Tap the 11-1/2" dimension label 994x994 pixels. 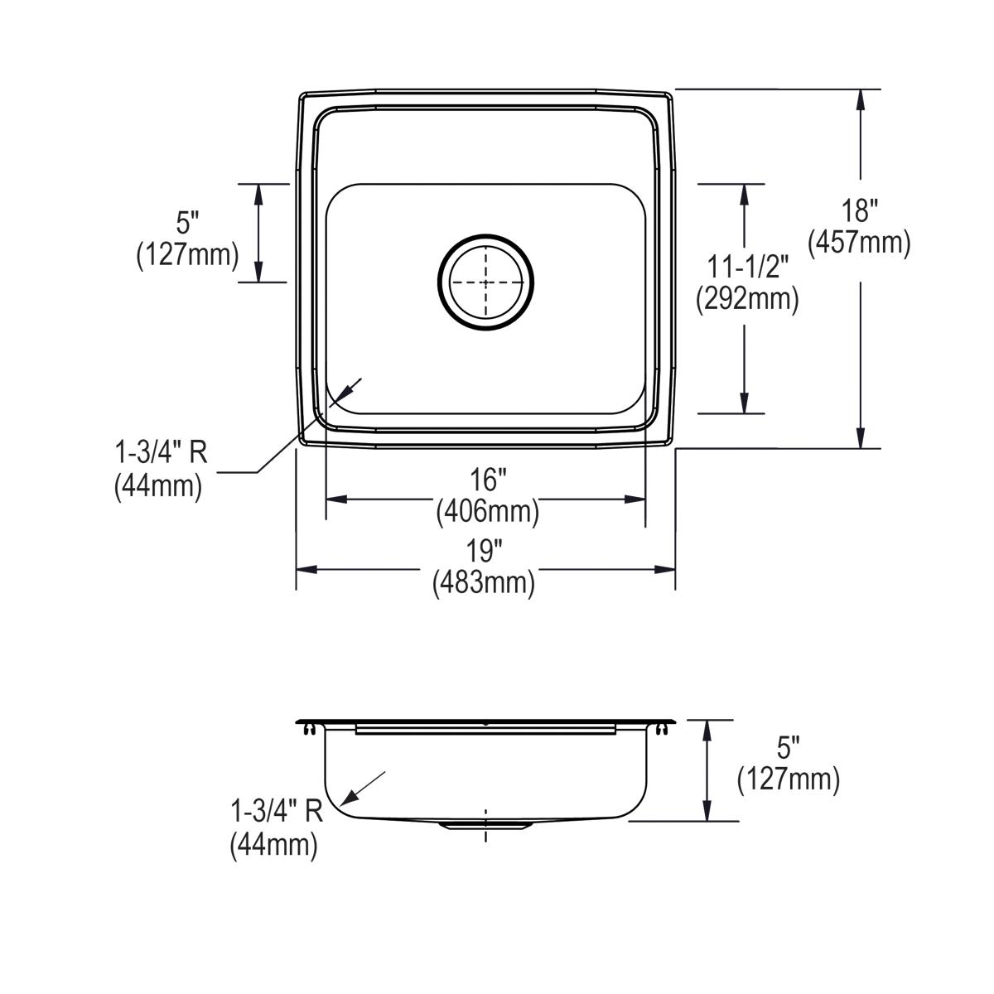click(747, 267)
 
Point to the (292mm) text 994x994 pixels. click(747, 298)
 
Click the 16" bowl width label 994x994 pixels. click(486, 480)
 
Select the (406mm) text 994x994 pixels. click(487, 512)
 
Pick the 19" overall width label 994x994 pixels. click(483, 551)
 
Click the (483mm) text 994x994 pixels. click(483, 583)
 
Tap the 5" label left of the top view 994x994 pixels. click(188, 223)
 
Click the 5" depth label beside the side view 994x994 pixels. click(788, 748)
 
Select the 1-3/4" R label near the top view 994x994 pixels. click(160, 453)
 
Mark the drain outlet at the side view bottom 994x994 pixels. click(485, 824)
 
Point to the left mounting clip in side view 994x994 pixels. click(310, 729)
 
